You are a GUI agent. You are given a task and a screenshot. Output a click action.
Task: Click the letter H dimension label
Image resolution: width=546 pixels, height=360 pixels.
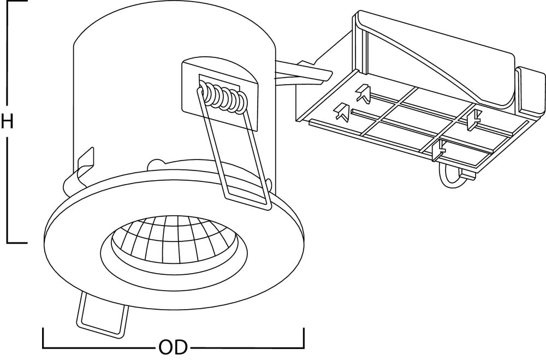(7, 121)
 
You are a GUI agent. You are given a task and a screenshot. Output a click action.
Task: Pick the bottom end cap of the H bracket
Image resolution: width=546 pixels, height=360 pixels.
(16, 242)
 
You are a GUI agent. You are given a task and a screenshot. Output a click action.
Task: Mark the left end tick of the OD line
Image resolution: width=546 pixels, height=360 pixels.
(43, 338)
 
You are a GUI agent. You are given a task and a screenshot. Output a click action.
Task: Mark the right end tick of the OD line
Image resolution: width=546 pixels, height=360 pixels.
(304, 338)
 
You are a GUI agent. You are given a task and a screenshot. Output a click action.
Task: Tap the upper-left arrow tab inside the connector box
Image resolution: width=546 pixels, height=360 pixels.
(363, 92)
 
